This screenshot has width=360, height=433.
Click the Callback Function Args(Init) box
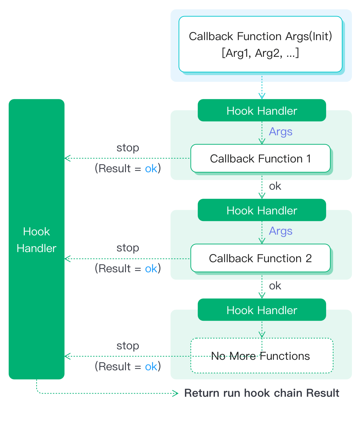(x=260, y=44)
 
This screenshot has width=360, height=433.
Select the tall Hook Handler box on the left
(x=37, y=239)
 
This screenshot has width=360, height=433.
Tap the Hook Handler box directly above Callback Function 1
(x=262, y=111)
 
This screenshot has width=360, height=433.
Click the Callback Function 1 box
(x=260, y=159)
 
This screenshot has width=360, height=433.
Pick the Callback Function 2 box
(x=260, y=258)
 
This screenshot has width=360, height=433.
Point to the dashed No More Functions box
(x=262, y=356)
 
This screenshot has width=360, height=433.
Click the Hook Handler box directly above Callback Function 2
(x=262, y=210)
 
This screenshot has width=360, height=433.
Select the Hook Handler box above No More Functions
(x=262, y=310)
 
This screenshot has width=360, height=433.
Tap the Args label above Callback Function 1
(x=280, y=132)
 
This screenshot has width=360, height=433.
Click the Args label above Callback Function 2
(x=280, y=231)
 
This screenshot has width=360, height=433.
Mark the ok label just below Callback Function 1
(x=275, y=186)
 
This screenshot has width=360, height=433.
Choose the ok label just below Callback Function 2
(x=275, y=286)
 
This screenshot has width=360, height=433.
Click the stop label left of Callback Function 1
(x=128, y=148)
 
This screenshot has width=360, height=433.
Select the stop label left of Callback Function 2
(x=128, y=248)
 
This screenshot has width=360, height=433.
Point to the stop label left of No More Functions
(x=128, y=346)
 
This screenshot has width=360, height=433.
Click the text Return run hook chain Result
(x=262, y=393)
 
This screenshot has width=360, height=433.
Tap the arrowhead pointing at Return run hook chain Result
(x=175, y=394)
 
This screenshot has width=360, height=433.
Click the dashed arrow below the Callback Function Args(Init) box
(x=262, y=87)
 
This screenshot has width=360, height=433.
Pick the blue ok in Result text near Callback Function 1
(x=151, y=169)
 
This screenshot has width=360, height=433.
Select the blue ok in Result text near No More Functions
(x=151, y=367)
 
